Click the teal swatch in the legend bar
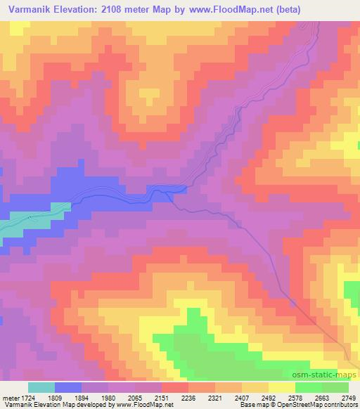(x=41, y=387)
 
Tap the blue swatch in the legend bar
(x=68, y=387)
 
